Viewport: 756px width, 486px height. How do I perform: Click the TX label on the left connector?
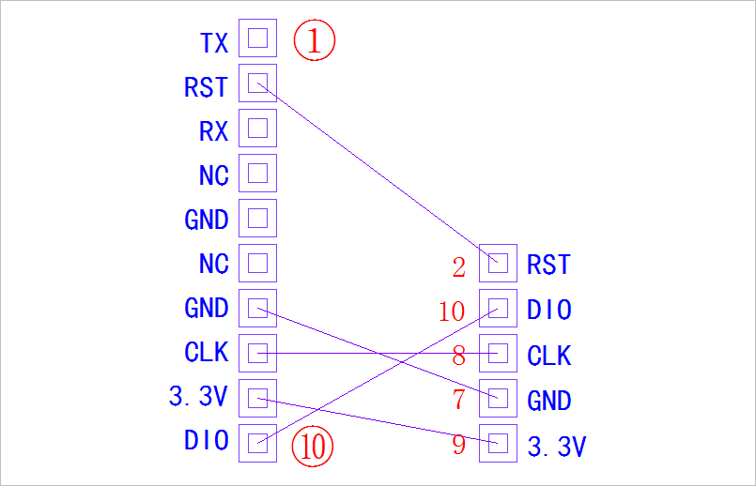pos(214,42)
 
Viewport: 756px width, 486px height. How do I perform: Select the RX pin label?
pos(214,131)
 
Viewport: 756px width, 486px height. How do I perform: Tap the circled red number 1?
pos(315,41)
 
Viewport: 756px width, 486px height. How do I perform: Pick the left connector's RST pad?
pos(258,84)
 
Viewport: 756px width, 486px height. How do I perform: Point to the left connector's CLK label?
pos(207,352)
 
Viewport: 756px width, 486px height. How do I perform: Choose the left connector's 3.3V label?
pos(198,397)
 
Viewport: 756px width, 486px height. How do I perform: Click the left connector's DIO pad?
pos(258,442)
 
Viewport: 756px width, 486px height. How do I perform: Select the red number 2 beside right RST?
pos(458,268)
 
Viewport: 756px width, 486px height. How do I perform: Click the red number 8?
pos(458,357)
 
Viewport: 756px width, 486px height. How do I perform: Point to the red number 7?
pos(458,401)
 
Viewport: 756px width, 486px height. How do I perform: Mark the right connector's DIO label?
pos(549,311)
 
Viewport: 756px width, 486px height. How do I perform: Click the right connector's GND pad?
pos(498,398)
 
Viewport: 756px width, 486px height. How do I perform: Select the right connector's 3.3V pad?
pos(498,442)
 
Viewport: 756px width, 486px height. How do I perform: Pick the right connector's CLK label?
pos(549,357)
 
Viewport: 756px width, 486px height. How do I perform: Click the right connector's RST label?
pos(548,266)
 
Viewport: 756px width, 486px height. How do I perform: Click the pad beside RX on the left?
pos(258,129)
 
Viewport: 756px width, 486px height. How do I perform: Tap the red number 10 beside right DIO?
pos(452,311)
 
